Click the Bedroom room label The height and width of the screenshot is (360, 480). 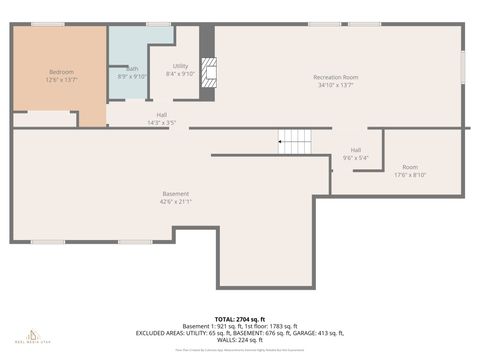tap(61, 72)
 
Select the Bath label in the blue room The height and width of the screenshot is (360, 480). tap(132, 68)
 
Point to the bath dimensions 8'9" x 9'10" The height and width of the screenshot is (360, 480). tap(132, 76)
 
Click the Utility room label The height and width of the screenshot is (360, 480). tap(181, 65)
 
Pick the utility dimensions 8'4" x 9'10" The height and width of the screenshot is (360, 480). tap(181, 73)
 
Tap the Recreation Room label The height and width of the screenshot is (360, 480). tap(335, 77)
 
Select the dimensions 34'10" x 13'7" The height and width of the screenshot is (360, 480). tap(335, 85)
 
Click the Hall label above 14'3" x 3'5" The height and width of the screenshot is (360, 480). tap(161, 114)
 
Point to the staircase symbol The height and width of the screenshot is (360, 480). tap(296, 141)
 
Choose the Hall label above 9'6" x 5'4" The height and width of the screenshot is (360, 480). tap(355, 150)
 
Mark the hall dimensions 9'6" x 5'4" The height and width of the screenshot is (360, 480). tap(355, 158)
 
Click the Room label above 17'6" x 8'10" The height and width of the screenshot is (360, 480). tap(410, 167)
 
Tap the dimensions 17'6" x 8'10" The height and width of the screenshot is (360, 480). tap(410, 175)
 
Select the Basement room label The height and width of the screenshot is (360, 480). tap(175, 193)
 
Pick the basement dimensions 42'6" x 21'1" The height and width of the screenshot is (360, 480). tap(175, 201)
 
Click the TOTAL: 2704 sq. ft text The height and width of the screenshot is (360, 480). tap(240, 318)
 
